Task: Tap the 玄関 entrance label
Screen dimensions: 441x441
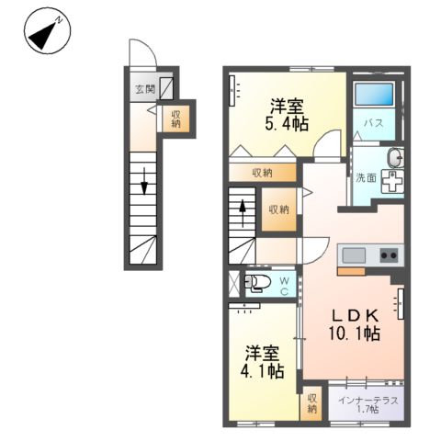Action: [145, 89]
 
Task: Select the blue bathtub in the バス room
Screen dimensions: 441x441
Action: [372, 96]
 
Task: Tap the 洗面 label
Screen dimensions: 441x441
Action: [365, 178]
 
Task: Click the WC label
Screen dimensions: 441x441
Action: [285, 285]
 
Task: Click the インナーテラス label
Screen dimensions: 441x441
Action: [367, 400]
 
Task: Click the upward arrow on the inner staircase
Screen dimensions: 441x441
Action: [243, 209]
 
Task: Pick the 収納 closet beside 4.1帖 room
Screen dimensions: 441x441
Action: [312, 403]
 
